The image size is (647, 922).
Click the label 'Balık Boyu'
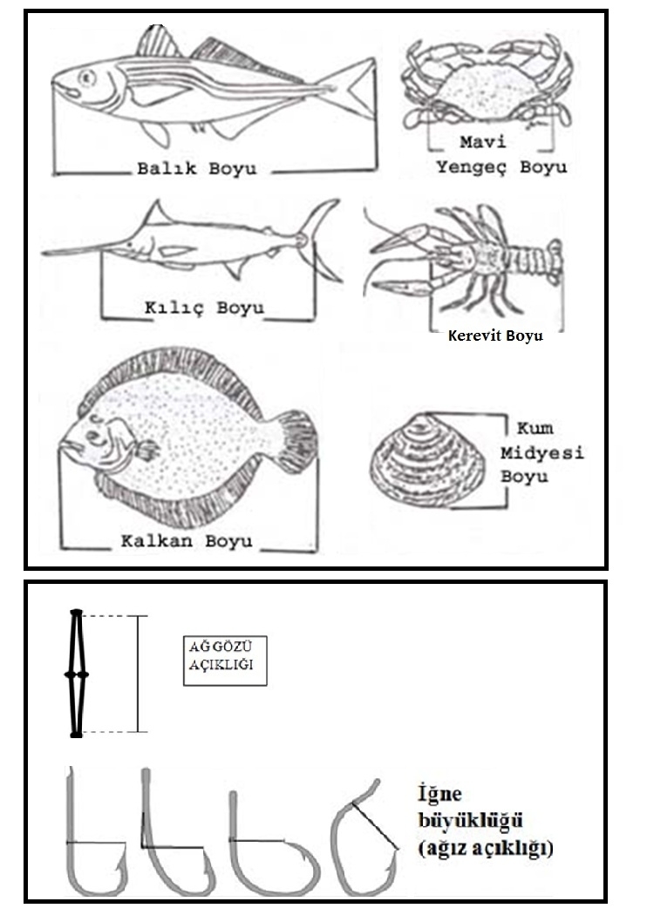point(196,168)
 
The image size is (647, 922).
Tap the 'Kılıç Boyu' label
point(204,308)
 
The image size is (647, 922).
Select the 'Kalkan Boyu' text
point(187,540)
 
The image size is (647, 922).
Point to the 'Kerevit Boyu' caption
point(495,336)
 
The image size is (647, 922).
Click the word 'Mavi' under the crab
point(482,142)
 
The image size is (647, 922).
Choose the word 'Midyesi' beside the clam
point(541,453)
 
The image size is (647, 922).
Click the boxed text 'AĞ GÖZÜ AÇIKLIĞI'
point(225,661)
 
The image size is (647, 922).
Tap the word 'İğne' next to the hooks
point(440,795)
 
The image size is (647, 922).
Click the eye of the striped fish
point(86,78)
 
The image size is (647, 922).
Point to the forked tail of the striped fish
point(351,90)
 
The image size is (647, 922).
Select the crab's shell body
point(487,93)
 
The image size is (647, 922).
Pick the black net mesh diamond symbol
point(77,674)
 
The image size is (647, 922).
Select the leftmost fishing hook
point(97,841)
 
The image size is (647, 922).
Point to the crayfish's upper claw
point(400,238)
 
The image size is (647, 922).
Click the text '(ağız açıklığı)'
point(486,848)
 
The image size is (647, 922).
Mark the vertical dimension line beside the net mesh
point(139,674)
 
